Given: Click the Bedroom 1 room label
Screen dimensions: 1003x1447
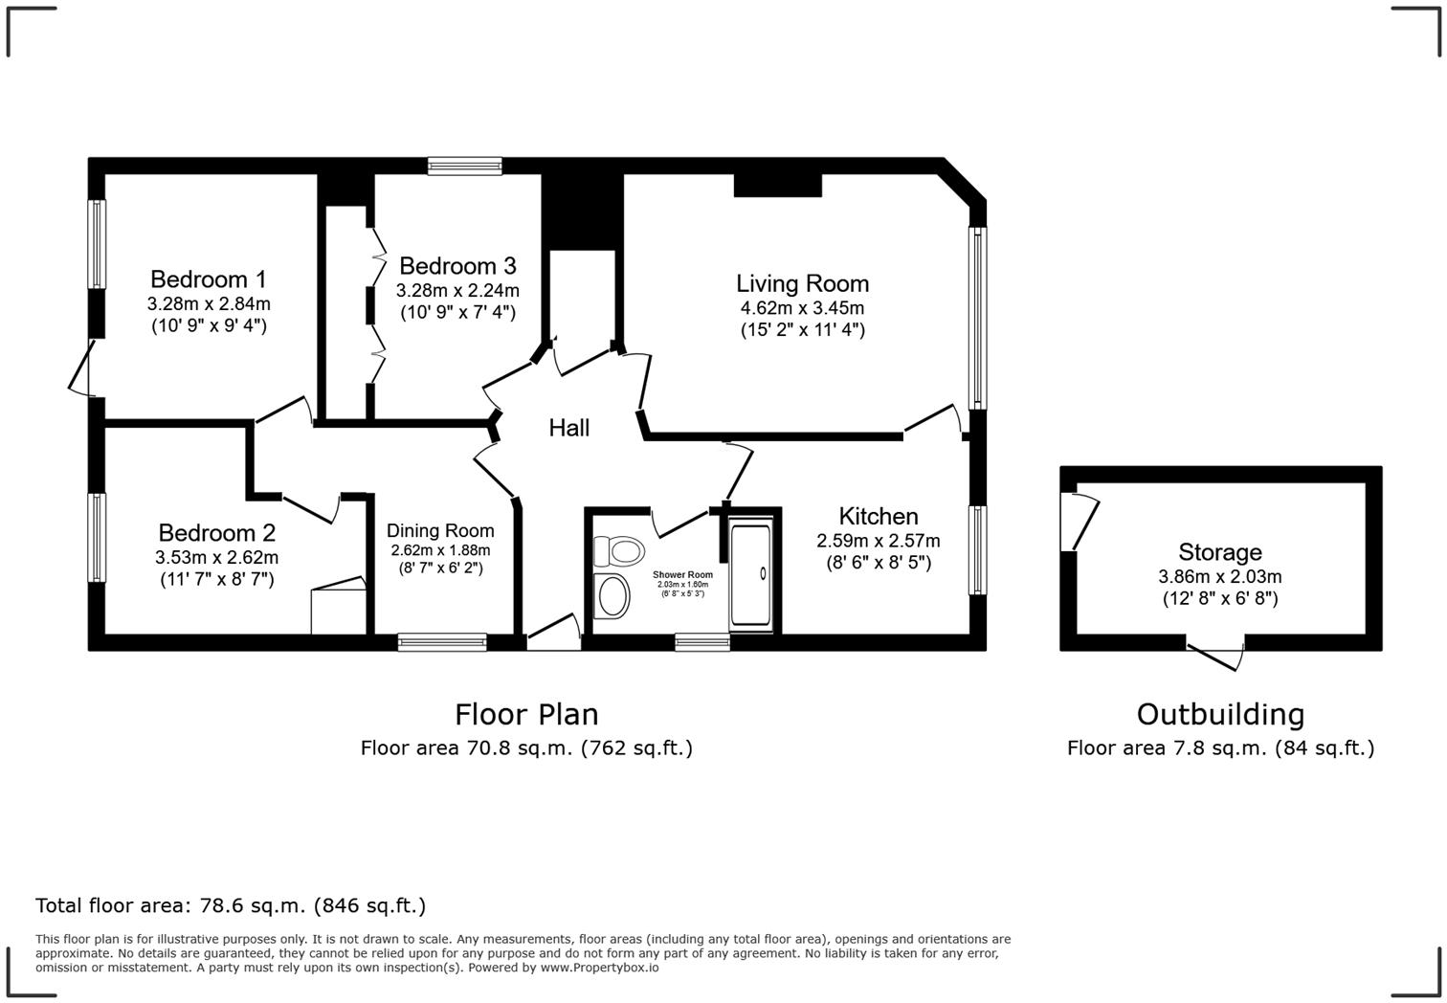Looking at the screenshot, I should (x=208, y=279).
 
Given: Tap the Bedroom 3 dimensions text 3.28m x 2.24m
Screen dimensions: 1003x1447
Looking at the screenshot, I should (x=457, y=291).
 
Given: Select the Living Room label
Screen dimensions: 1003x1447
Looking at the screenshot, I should (x=802, y=283).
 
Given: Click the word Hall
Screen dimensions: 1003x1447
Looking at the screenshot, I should (x=568, y=428).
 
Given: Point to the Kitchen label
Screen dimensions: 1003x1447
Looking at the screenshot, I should (x=878, y=517).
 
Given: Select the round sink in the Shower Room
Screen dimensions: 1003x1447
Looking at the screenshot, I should (x=612, y=596).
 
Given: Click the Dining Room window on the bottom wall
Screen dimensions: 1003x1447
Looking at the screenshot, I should (x=442, y=642).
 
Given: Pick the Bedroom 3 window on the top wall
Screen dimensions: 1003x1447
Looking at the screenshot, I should (x=464, y=167).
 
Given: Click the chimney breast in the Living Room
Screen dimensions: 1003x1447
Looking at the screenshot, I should (x=777, y=185).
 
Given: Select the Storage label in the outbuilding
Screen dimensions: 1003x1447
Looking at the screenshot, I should (x=1219, y=552).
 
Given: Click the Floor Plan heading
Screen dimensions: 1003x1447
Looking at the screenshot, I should (x=526, y=715).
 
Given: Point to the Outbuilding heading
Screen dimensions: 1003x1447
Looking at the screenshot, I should (x=1220, y=715).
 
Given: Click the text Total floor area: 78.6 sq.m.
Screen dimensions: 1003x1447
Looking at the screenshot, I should (x=230, y=905).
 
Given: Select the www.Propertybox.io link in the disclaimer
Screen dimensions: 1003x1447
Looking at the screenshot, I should (x=599, y=968).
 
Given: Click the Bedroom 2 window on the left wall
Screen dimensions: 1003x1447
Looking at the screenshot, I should (x=97, y=537).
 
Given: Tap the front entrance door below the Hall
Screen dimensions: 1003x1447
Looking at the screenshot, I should (x=554, y=634).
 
